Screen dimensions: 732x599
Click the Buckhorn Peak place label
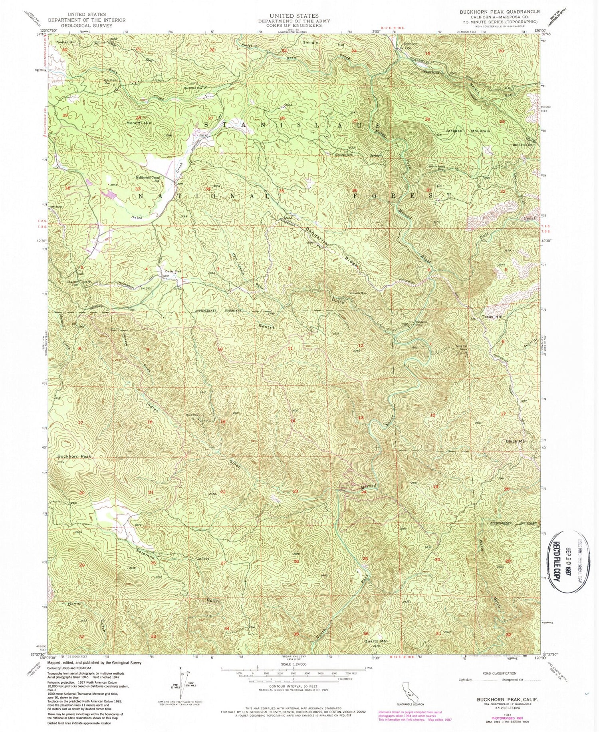coord(74,456)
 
